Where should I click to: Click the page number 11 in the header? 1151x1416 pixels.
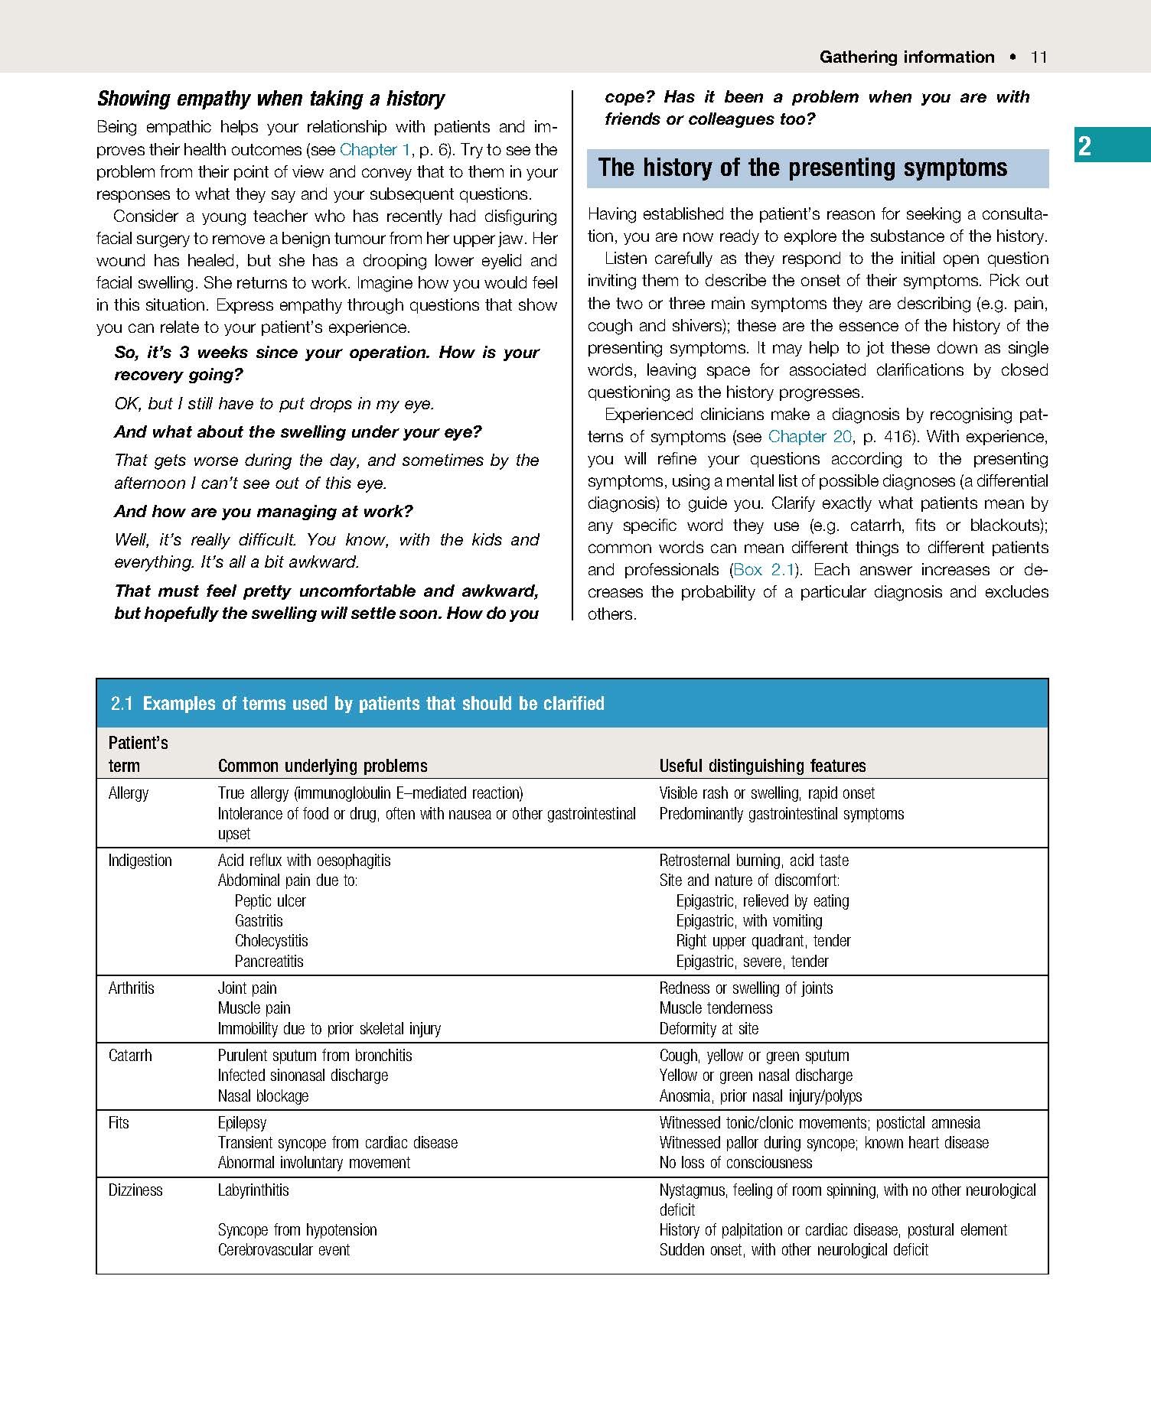(1039, 57)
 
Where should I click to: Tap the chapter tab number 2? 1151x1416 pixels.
(1084, 145)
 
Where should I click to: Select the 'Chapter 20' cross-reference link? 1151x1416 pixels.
(809, 437)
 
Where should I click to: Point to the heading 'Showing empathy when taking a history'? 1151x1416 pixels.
(270, 99)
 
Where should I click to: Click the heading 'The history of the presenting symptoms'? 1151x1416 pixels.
(802, 168)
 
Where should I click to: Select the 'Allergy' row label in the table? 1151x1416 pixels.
(129, 793)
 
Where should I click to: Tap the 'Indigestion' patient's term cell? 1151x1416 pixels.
(140, 861)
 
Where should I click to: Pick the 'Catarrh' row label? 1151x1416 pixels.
(130, 1056)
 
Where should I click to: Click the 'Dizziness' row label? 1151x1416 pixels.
(135, 1190)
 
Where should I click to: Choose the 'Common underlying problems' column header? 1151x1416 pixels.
(322, 766)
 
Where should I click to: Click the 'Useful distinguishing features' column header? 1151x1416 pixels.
(762, 766)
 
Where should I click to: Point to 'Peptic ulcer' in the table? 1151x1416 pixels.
(270, 901)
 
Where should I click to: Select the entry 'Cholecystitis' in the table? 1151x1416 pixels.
(271, 941)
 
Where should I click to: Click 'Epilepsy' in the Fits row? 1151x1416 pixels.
(242, 1123)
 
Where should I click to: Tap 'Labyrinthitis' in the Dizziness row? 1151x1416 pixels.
(253, 1190)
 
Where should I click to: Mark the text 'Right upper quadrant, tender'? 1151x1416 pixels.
(763, 941)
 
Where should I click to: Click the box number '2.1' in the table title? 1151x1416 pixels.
(122, 704)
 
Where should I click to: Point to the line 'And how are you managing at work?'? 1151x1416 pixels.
(263, 512)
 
